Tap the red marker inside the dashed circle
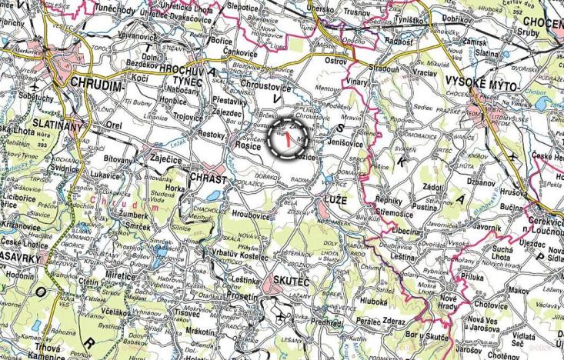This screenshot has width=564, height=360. pos(287,140)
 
